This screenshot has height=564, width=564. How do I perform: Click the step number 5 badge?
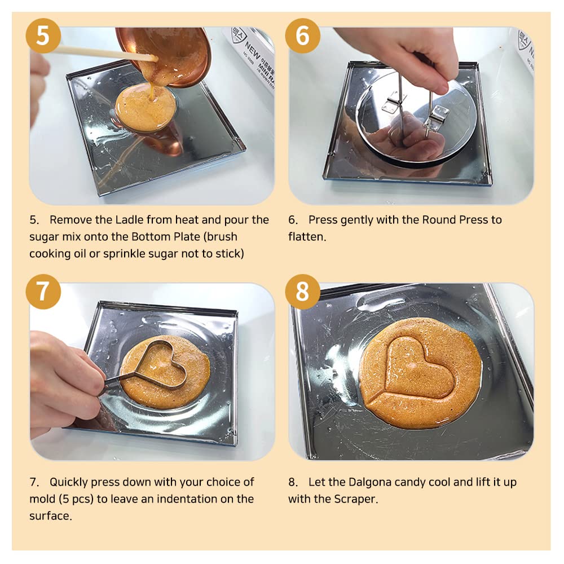43,36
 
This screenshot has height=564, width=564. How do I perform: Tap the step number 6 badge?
302,36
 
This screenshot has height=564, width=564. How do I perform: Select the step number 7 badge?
43,292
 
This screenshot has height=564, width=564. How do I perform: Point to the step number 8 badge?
302,292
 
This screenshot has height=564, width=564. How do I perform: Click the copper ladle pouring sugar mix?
169,54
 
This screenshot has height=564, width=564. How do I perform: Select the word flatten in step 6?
306,237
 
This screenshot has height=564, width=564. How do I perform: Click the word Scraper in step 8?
355,499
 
